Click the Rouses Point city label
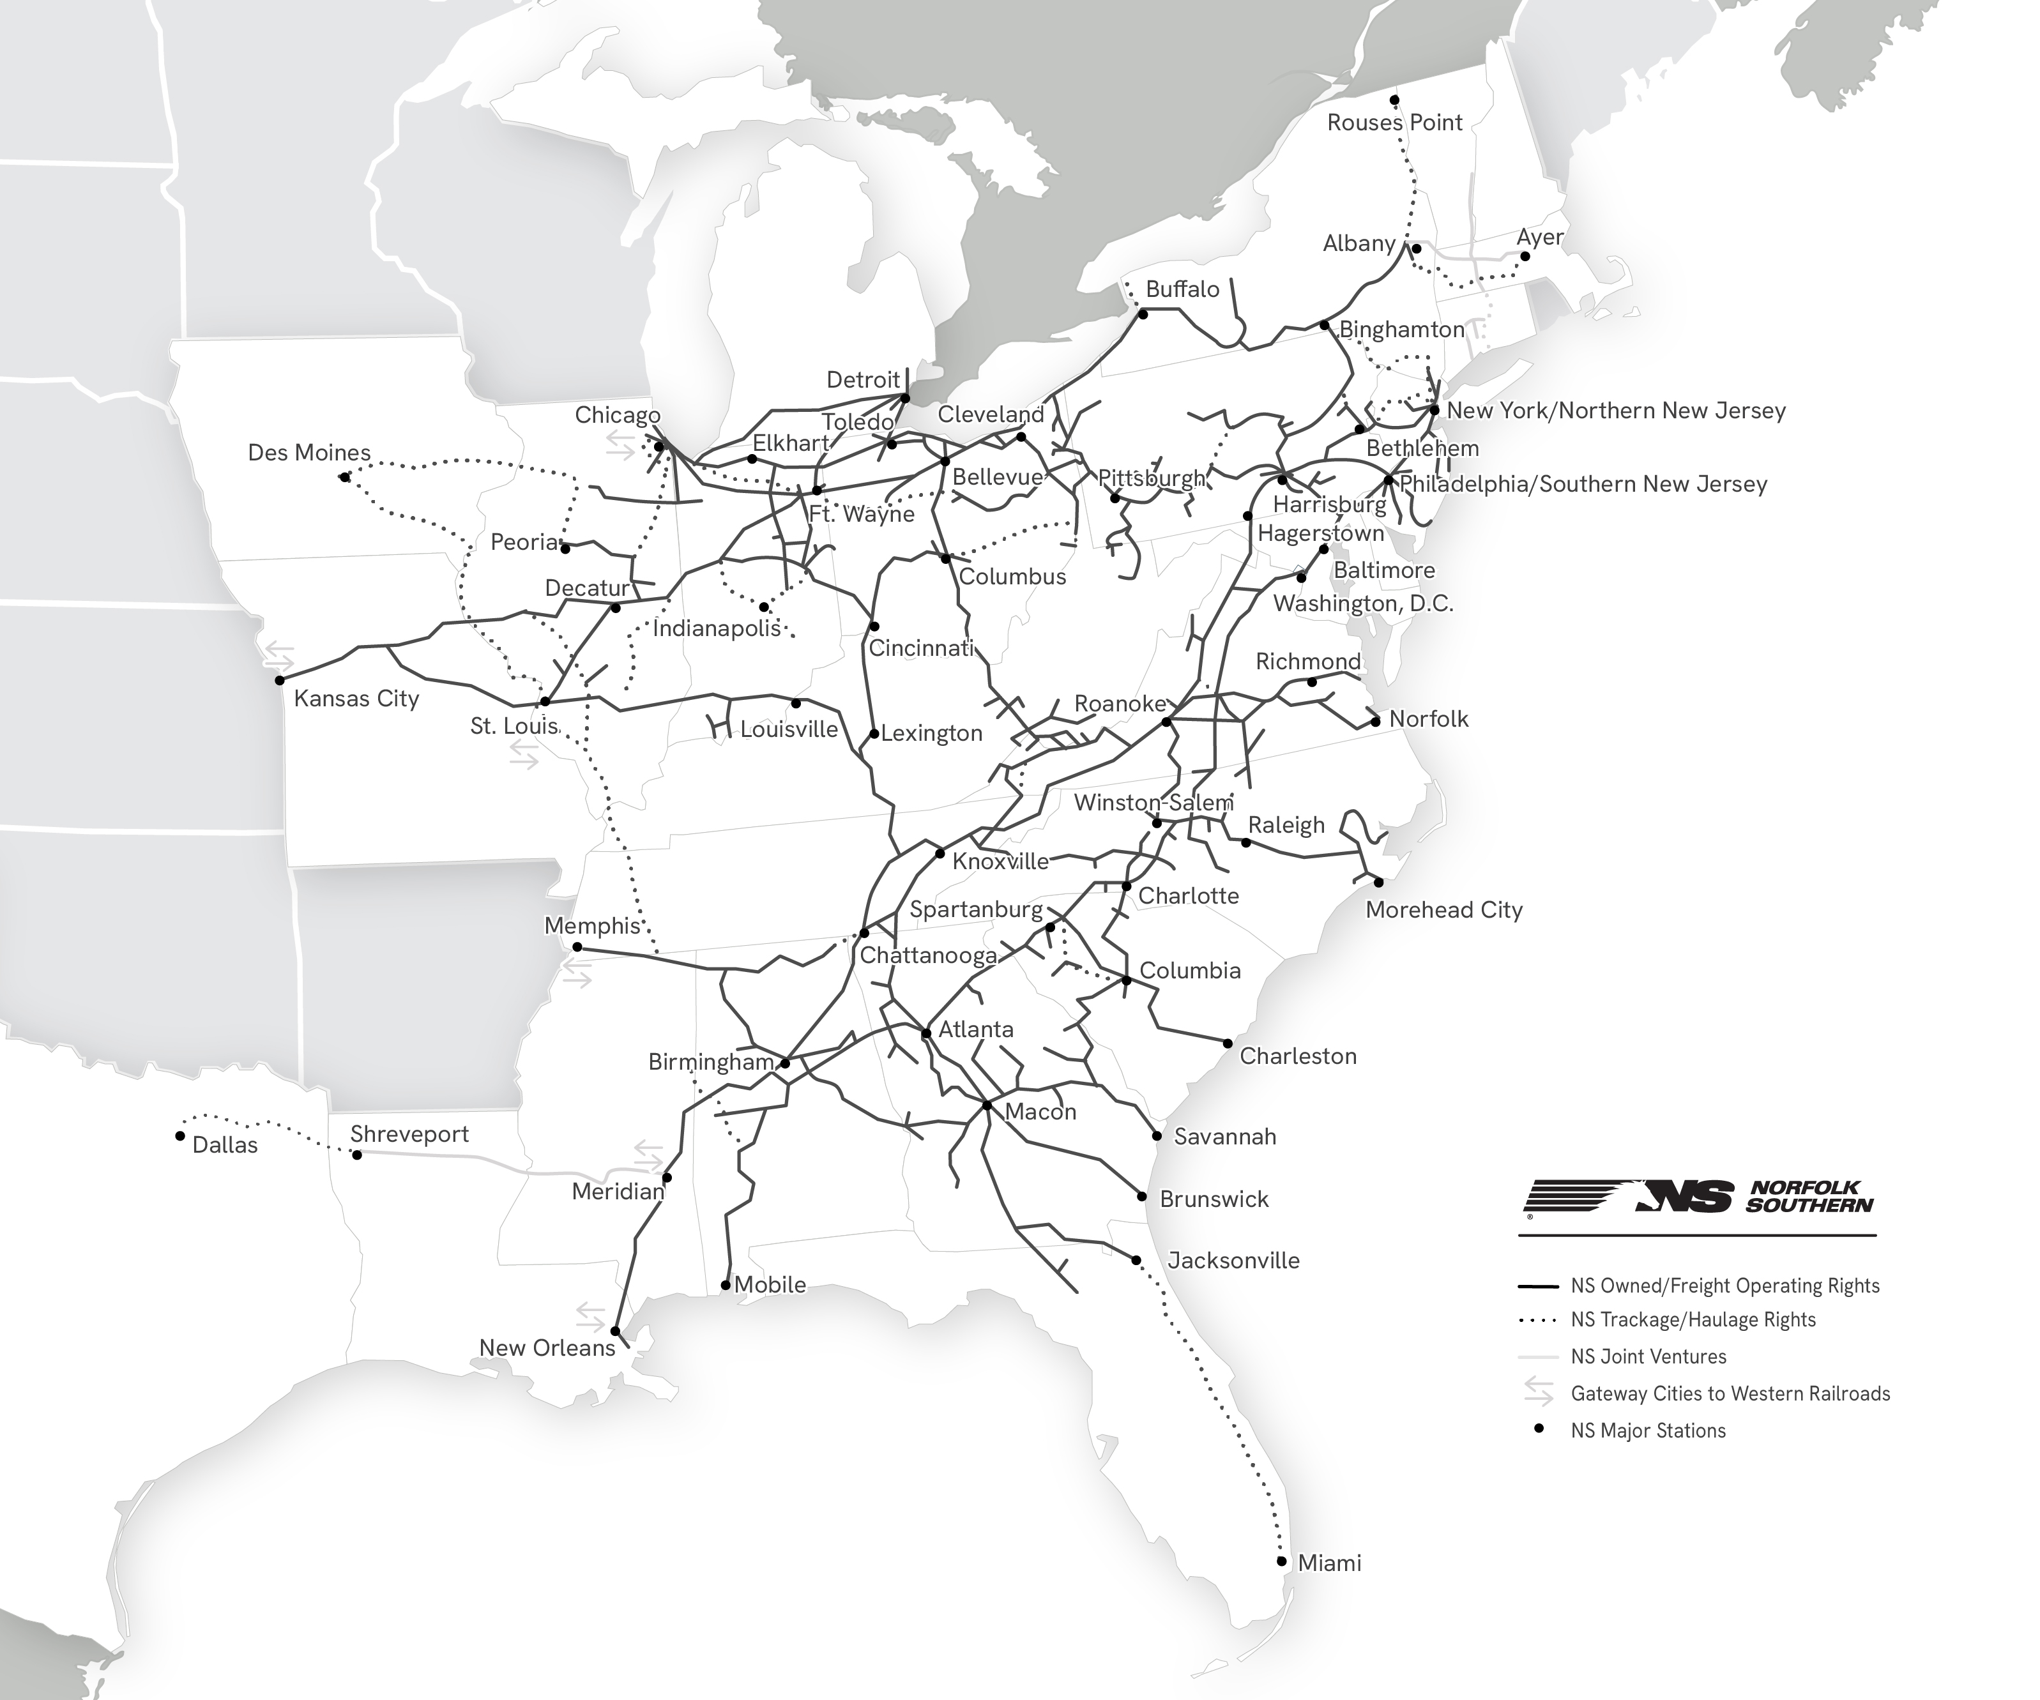click(x=1394, y=123)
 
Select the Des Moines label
click(x=309, y=453)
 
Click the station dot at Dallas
click(x=179, y=1135)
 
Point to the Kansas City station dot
click(x=280, y=680)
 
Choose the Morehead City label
click(x=1443, y=910)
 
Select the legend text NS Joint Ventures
click(x=1648, y=1357)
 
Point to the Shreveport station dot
click(x=356, y=1155)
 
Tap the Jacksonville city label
click(x=1233, y=1261)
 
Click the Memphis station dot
click(x=577, y=947)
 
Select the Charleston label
click(x=1298, y=1057)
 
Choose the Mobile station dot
click(x=725, y=1285)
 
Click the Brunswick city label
click(x=1214, y=1200)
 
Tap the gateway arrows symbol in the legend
click(x=1538, y=1393)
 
